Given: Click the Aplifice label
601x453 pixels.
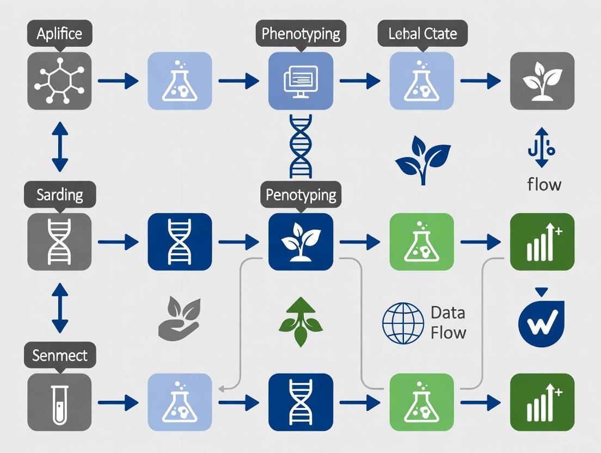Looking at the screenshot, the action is click(x=59, y=34).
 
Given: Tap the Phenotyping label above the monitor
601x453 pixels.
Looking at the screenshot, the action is click(x=300, y=34).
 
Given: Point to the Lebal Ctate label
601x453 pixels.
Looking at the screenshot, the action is click(x=422, y=34).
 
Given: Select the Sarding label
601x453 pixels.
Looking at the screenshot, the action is click(x=60, y=194).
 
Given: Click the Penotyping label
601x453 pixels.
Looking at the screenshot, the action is click(x=300, y=194).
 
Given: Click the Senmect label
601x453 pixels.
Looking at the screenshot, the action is click(x=60, y=356).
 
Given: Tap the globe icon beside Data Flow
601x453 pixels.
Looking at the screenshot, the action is click(x=403, y=323).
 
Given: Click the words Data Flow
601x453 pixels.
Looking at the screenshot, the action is click(x=448, y=323).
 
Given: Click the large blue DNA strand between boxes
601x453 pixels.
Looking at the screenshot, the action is click(x=300, y=146).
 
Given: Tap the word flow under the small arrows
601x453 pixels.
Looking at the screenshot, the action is click(x=544, y=184).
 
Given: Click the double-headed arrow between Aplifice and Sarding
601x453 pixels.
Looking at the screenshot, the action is click(x=59, y=147).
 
